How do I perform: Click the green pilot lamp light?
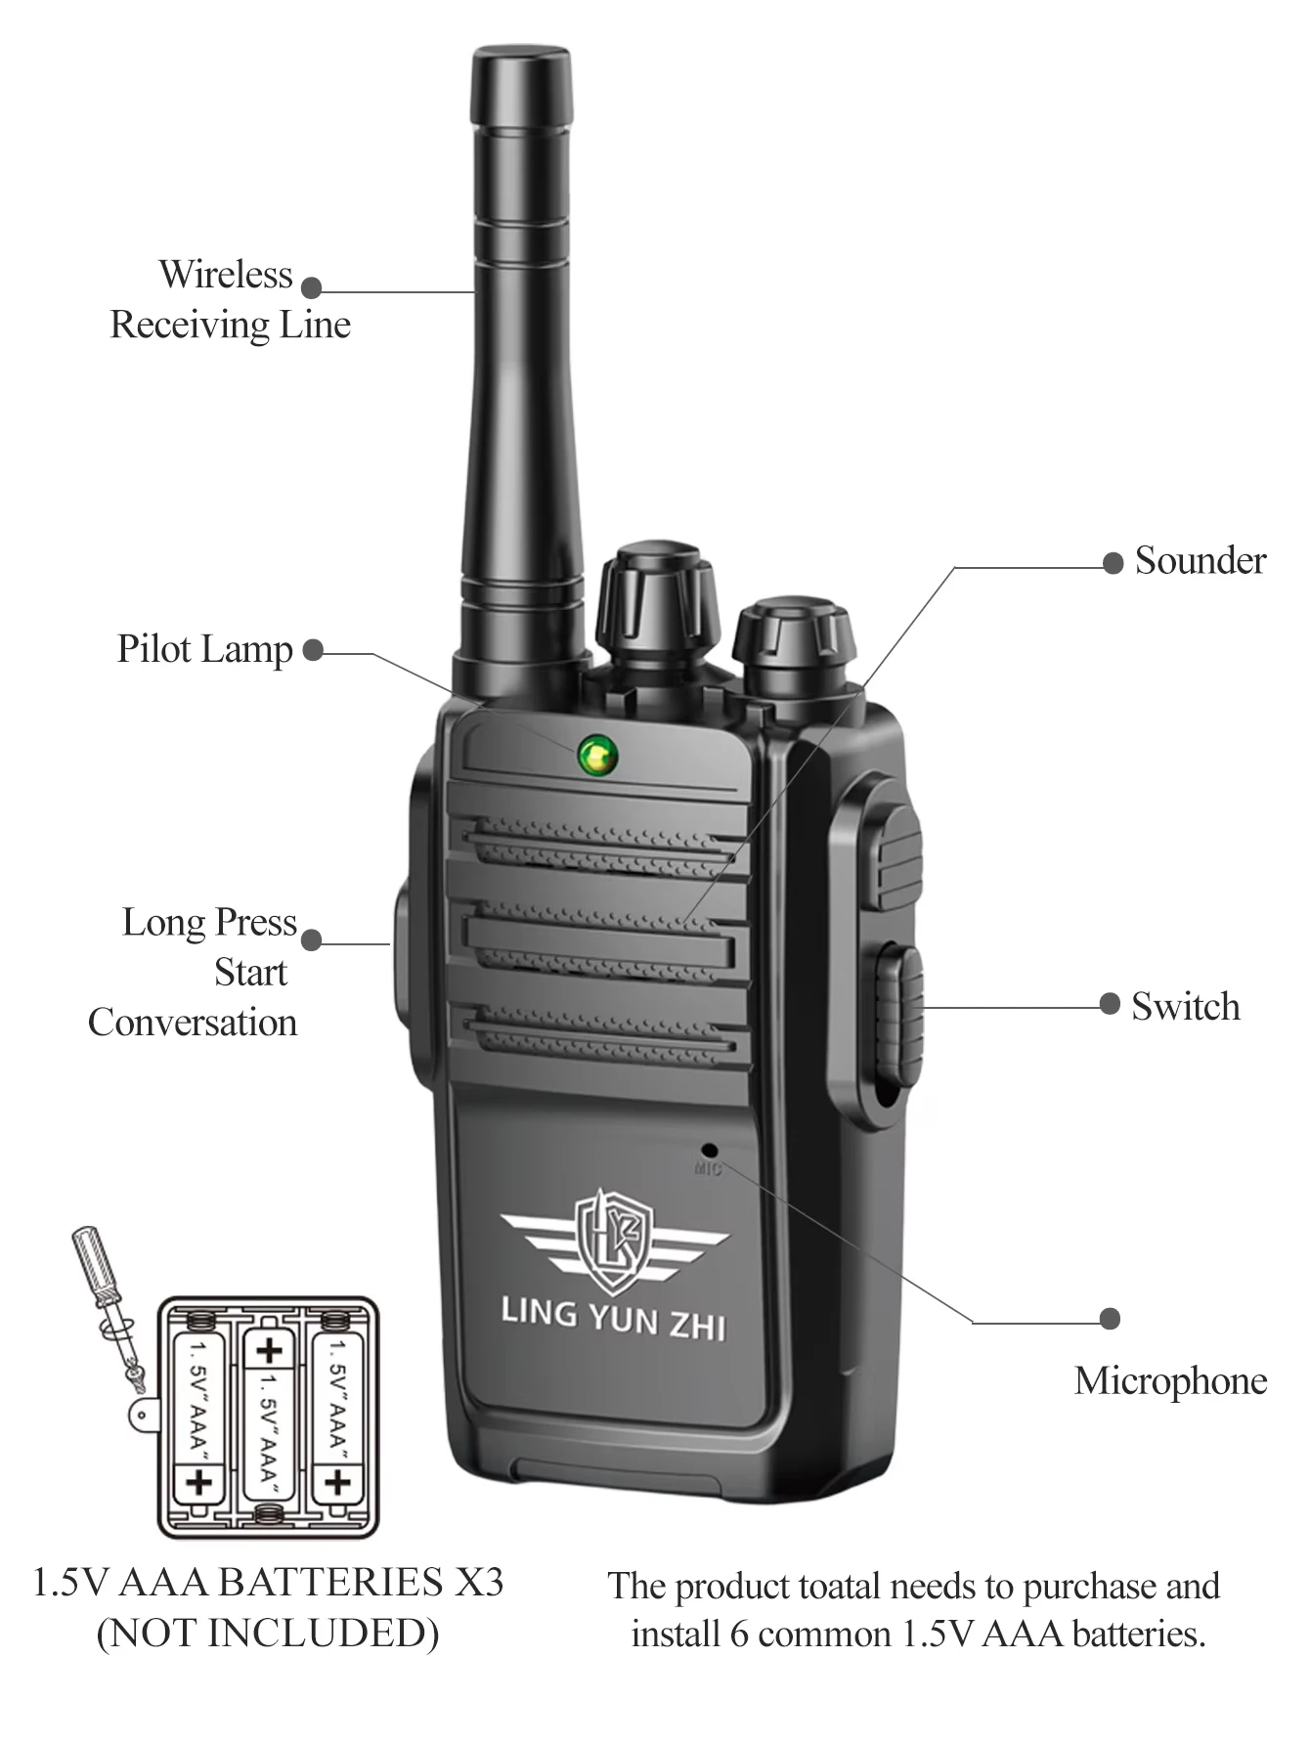pyautogui.click(x=597, y=756)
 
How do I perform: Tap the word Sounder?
pyautogui.click(x=1200, y=561)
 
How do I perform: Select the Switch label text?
pyautogui.click(x=1185, y=1007)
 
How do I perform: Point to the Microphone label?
pyautogui.click(x=1170, y=1380)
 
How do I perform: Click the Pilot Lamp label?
pyautogui.click(x=204, y=649)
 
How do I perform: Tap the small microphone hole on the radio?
pyautogui.click(x=710, y=1152)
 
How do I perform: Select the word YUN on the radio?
pyautogui.click(x=622, y=1318)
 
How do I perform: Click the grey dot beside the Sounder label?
pyautogui.click(x=1113, y=563)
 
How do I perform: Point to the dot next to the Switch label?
pyautogui.click(x=1110, y=1004)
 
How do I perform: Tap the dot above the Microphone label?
pyautogui.click(x=1110, y=1319)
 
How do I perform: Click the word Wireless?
pyautogui.click(x=226, y=275)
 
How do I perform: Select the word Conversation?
pyautogui.click(x=193, y=1023)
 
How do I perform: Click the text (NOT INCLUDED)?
pyautogui.click(x=268, y=1634)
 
